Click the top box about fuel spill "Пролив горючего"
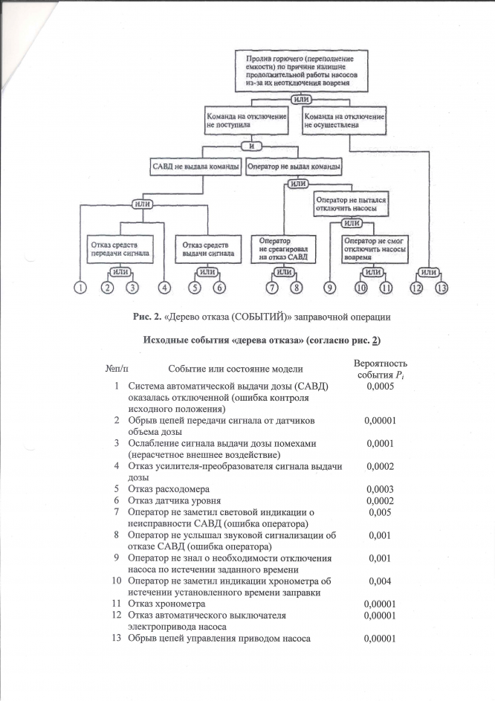302,71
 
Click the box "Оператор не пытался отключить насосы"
352,204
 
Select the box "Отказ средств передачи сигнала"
121,248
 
